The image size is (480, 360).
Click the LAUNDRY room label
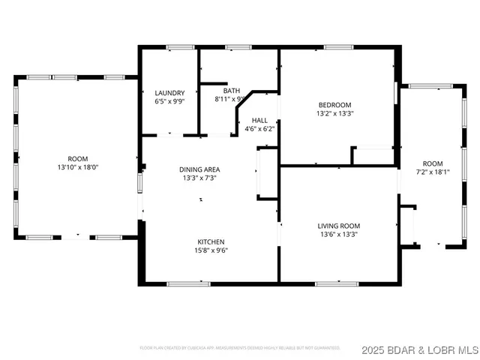point(169,93)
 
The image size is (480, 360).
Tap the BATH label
point(232,90)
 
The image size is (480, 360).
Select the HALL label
point(259,120)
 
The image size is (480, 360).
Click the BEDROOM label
point(334,105)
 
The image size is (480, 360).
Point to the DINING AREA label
point(199,169)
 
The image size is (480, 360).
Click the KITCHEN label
point(211,241)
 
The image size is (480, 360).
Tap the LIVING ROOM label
point(339,226)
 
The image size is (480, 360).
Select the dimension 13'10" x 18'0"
point(78,167)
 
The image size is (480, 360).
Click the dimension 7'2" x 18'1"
point(432,172)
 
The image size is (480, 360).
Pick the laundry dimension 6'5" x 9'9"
point(169,101)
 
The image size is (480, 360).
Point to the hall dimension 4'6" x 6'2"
point(259,128)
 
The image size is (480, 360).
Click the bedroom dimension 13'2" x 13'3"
point(334,113)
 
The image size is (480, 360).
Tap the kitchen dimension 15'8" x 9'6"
point(211,250)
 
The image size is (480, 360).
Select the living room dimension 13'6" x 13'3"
point(339,235)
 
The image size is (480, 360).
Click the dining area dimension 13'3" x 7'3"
point(199,178)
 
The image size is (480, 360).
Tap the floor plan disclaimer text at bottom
point(240,348)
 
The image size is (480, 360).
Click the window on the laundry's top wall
point(178,48)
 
